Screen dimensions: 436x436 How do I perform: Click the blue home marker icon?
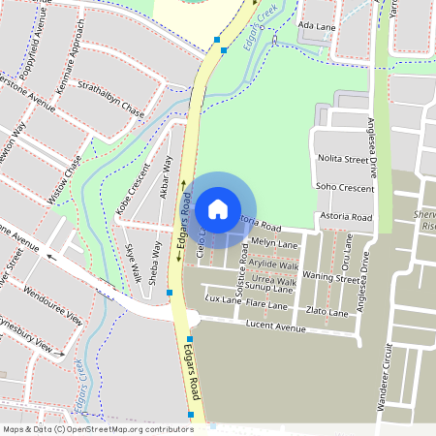click(x=218, y=208)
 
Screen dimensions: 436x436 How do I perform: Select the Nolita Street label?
click(x=344, y=157)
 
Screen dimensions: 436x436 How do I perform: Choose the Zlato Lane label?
click(x=327, y=313)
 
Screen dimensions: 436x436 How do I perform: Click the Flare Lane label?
click(x=267, y=304)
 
